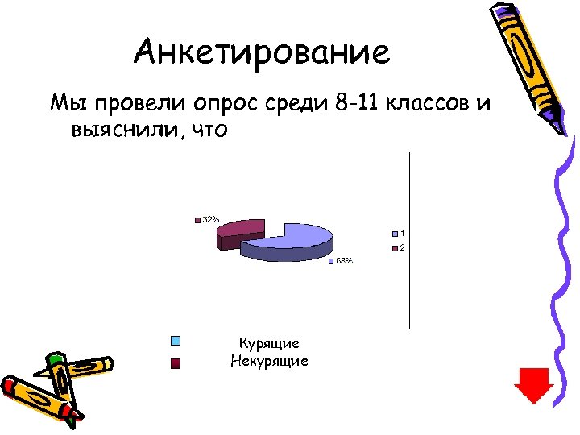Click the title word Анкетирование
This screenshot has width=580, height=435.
[262, 53]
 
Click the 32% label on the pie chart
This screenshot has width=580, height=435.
[210, 219]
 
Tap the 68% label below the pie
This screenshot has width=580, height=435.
[344, 261]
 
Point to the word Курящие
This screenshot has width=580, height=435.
[270, 344]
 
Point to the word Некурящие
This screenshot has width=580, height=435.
[270, 361]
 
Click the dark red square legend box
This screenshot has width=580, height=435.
[176, 363]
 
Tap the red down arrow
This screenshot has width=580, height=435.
[534, 385]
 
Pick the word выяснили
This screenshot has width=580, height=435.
[122, 130]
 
